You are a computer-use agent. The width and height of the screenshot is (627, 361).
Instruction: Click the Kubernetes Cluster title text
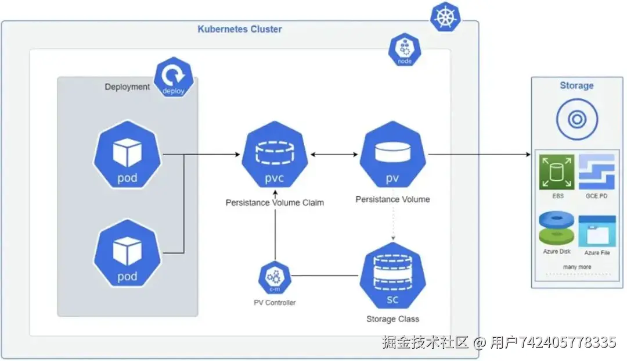coord(240,29)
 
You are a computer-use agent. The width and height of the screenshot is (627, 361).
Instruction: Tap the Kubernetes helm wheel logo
coord(445,17)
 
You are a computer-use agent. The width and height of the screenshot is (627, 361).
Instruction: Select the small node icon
coord(405,49)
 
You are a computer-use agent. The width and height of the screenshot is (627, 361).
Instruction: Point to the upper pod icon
coord(127,155)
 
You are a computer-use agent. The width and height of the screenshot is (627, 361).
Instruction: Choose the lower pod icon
coord(127,253)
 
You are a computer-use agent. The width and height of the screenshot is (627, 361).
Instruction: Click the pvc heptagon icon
coord(275,155)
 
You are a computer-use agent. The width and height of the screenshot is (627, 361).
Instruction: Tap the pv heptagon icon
coord(392,155)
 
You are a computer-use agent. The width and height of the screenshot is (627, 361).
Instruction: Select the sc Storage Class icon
coord(392,276)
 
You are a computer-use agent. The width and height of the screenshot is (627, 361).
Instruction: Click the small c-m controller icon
coord(275,277)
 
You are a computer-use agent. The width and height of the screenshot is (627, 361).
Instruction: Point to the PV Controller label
coord(275,303)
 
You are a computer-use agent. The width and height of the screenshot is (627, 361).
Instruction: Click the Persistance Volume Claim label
coord(275,203)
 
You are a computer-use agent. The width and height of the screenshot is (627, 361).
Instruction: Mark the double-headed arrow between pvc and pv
coord(334,155)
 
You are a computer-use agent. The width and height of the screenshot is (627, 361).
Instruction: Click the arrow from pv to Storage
coord(480,155)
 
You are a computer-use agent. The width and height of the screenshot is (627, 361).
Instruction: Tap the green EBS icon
coord(557,172)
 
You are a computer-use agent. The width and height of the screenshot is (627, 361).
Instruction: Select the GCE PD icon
coord(597,172)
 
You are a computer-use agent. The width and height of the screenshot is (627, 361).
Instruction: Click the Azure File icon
coord(597,231)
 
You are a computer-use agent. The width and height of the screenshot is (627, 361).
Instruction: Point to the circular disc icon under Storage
coord(577,119)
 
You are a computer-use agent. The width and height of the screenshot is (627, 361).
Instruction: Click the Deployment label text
coord(127,87)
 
